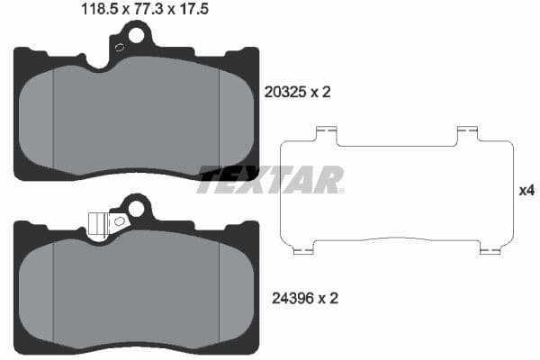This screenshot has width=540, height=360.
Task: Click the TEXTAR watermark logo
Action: click(270, 179)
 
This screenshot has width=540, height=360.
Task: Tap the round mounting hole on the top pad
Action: click(136, 36)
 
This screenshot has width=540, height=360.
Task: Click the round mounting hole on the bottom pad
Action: click(136, 209)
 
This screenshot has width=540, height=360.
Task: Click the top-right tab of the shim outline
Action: click(465, 133)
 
